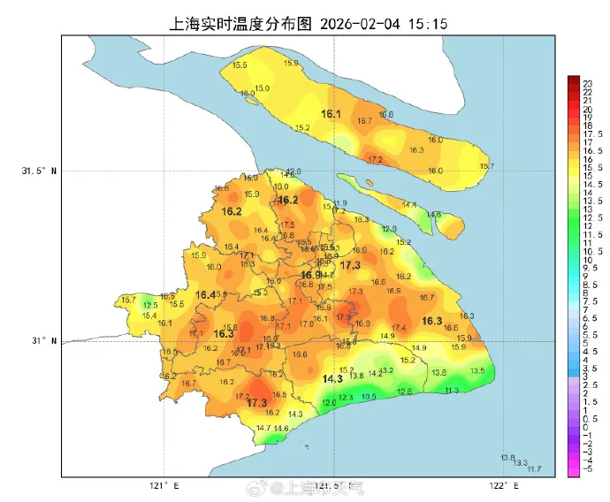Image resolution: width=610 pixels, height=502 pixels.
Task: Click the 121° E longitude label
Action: click(164, 486)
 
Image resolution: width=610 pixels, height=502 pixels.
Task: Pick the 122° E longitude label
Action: click(503, 486)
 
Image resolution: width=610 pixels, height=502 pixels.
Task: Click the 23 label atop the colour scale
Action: click(585, 81)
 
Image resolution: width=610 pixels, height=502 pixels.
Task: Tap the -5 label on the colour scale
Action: click(585, 470)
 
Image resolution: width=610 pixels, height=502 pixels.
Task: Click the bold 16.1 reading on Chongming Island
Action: click(332, 114)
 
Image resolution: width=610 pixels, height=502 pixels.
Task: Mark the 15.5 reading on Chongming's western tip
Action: click(240, 65)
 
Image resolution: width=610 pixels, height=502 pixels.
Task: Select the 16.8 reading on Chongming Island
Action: click(385, 115)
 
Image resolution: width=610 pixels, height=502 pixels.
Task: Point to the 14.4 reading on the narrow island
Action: click(408, 205)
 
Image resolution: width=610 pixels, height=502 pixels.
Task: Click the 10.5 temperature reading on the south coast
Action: click(369, 398)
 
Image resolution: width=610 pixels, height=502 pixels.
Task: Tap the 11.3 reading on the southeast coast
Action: click(452, 391)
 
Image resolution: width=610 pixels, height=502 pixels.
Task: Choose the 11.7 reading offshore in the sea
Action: click(533, 469)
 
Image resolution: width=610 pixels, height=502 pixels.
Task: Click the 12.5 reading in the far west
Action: click(150, 305)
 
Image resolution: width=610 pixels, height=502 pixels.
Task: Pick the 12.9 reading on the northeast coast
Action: click(389, 229)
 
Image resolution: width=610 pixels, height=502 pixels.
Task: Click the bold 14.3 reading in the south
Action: click(332, 379)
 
